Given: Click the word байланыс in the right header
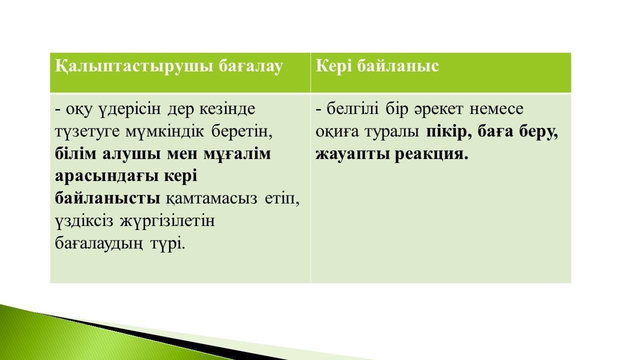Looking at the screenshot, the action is (398, 66).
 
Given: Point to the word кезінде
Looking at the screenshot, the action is (227, 109).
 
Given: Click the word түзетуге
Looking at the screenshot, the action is (87, 132).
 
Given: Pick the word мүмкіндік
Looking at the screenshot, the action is (164, 132).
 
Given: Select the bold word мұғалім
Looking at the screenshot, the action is (237, 154).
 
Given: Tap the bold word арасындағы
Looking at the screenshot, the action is (106, 177).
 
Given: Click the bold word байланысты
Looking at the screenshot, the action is (107, 198).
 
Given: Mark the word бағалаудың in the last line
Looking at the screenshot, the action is (99, 244).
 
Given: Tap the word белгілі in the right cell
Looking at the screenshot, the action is (352, 109).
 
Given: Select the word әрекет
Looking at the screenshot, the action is (438, 109).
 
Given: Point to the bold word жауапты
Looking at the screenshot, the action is (352, 155).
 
